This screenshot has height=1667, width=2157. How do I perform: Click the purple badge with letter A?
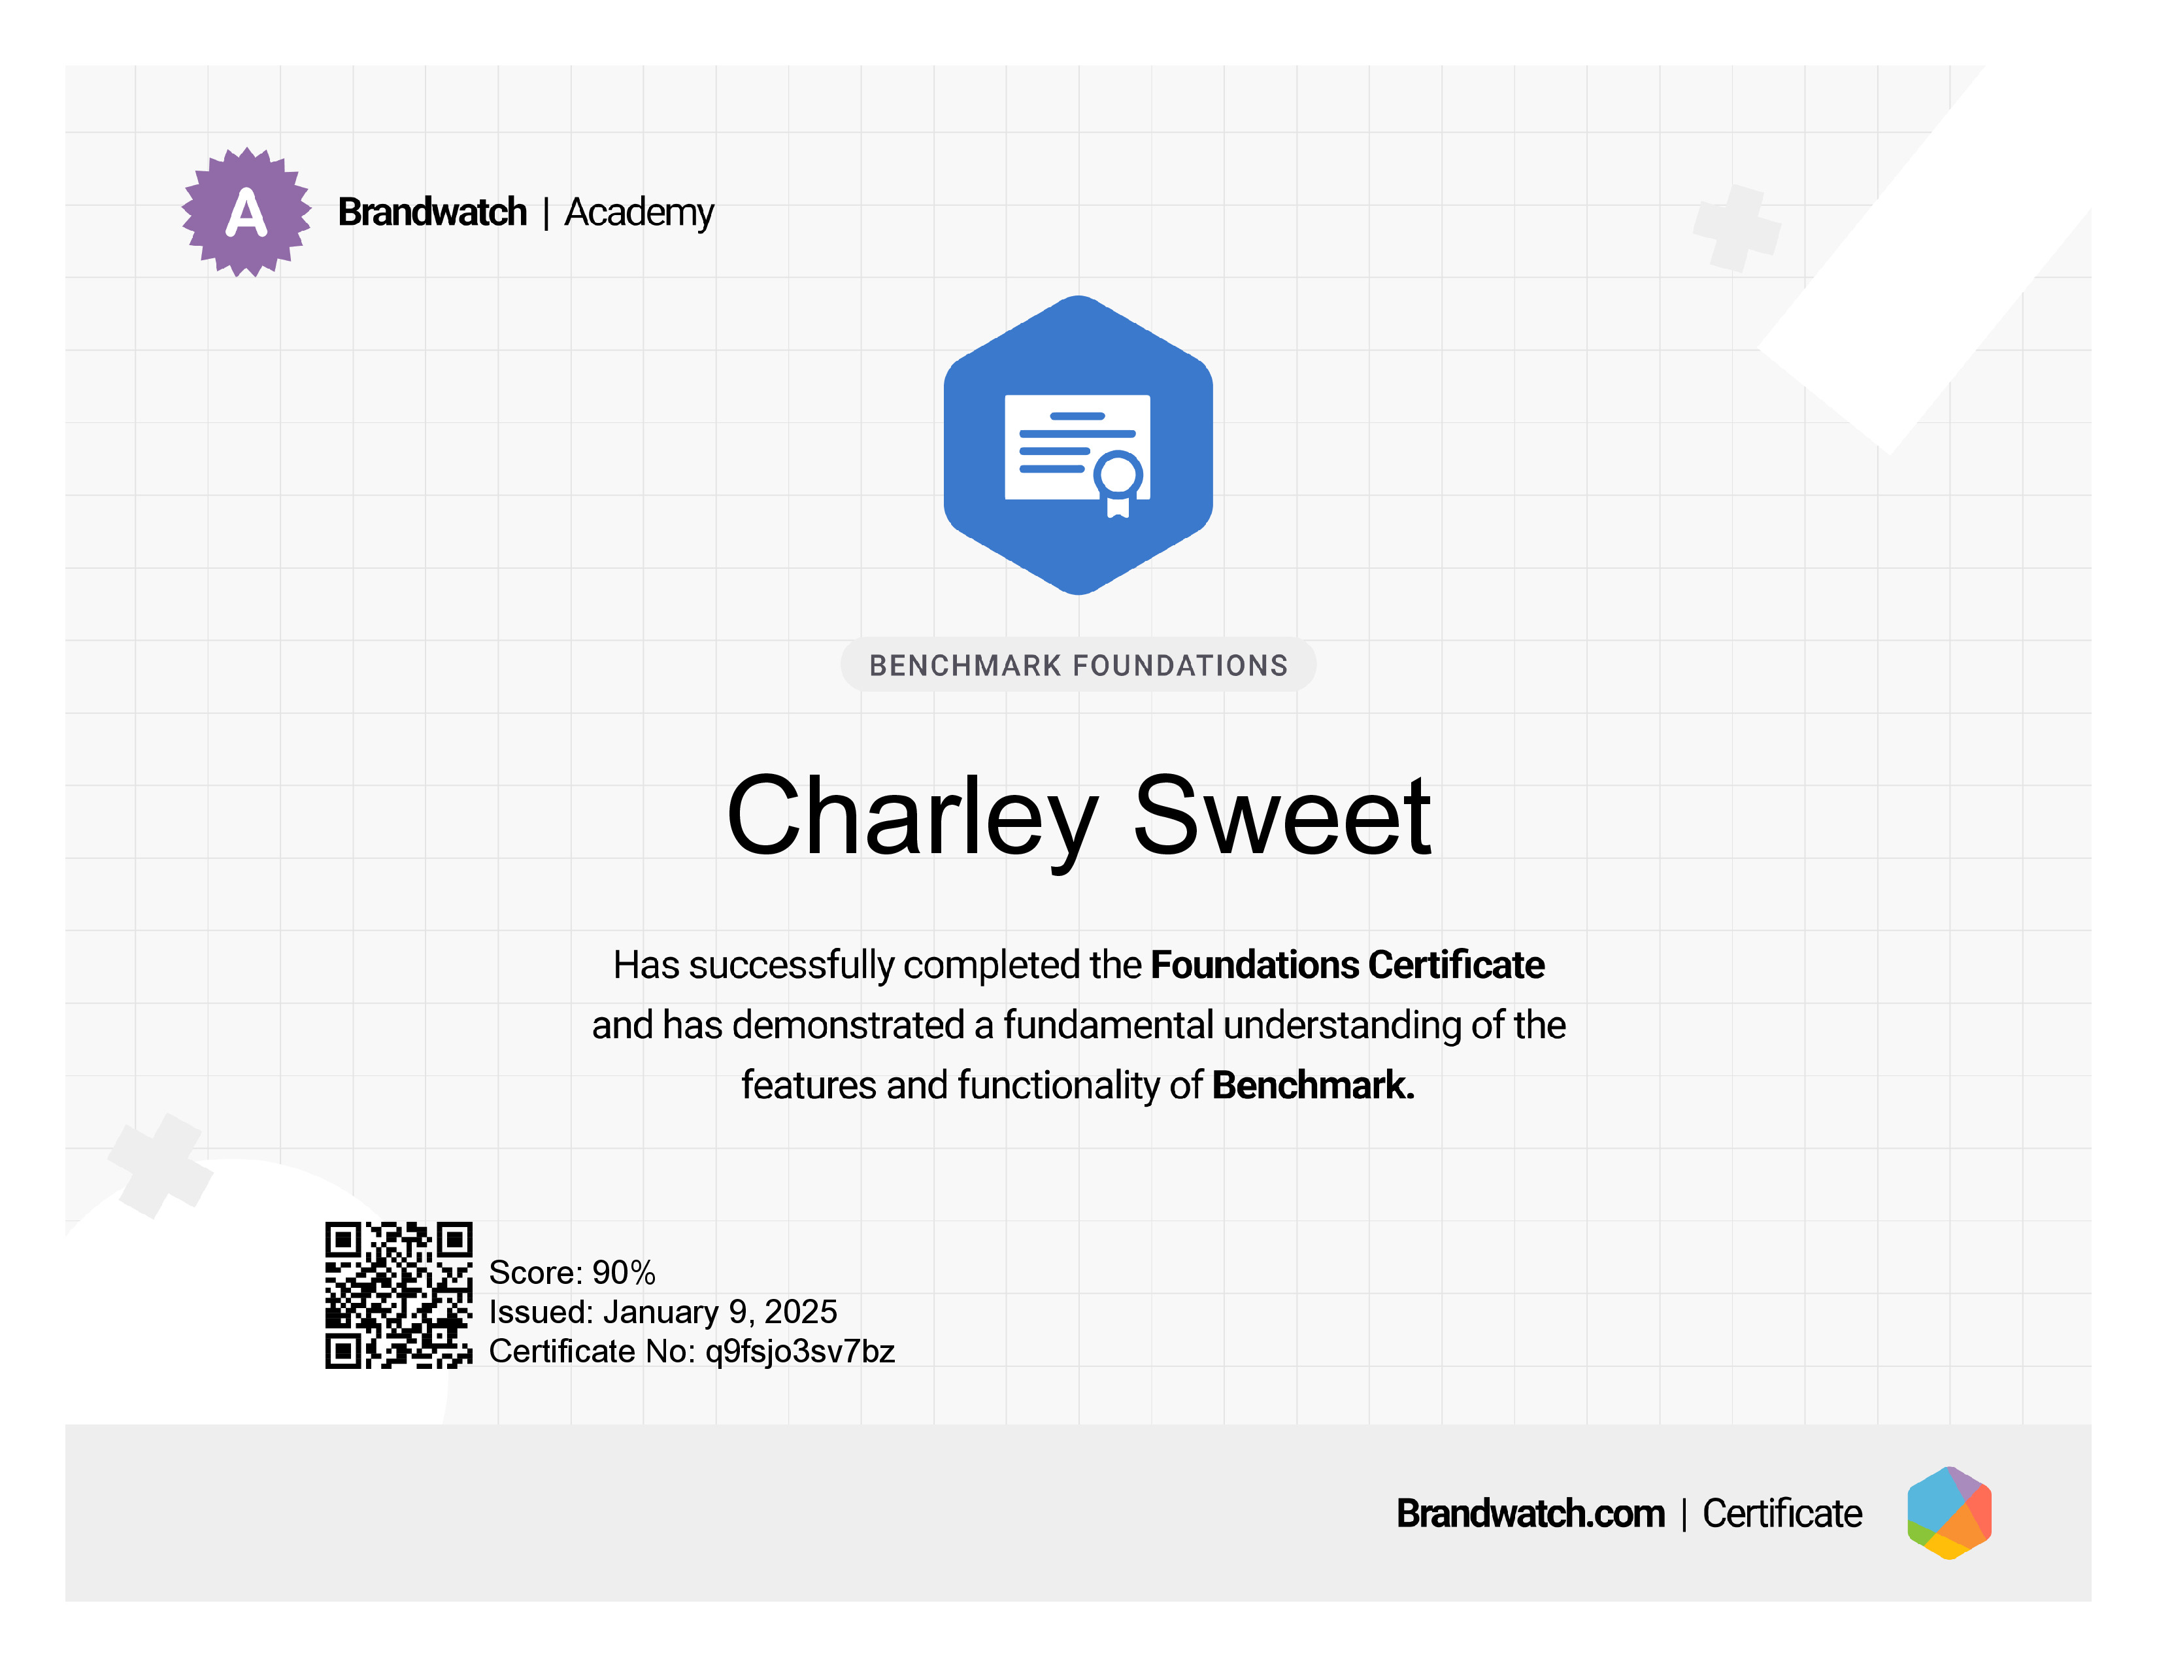[246, 212]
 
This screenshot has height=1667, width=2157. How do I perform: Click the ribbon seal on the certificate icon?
[1118, 484]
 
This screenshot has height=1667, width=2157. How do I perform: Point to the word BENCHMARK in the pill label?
[965, 665]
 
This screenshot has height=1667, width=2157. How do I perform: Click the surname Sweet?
[1281, 816]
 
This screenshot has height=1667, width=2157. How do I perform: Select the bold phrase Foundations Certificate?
[1347, 965]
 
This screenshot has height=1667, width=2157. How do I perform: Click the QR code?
[399, 1294]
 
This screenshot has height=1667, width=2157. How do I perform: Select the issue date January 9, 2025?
[720, 1311]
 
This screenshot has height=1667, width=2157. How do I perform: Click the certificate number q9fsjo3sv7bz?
[800, 1351]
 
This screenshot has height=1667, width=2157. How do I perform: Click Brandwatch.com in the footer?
[1530, 1513]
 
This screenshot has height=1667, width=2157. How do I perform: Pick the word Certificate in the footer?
[1782, 1513]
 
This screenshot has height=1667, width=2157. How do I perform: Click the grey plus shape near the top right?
[1737, 228]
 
